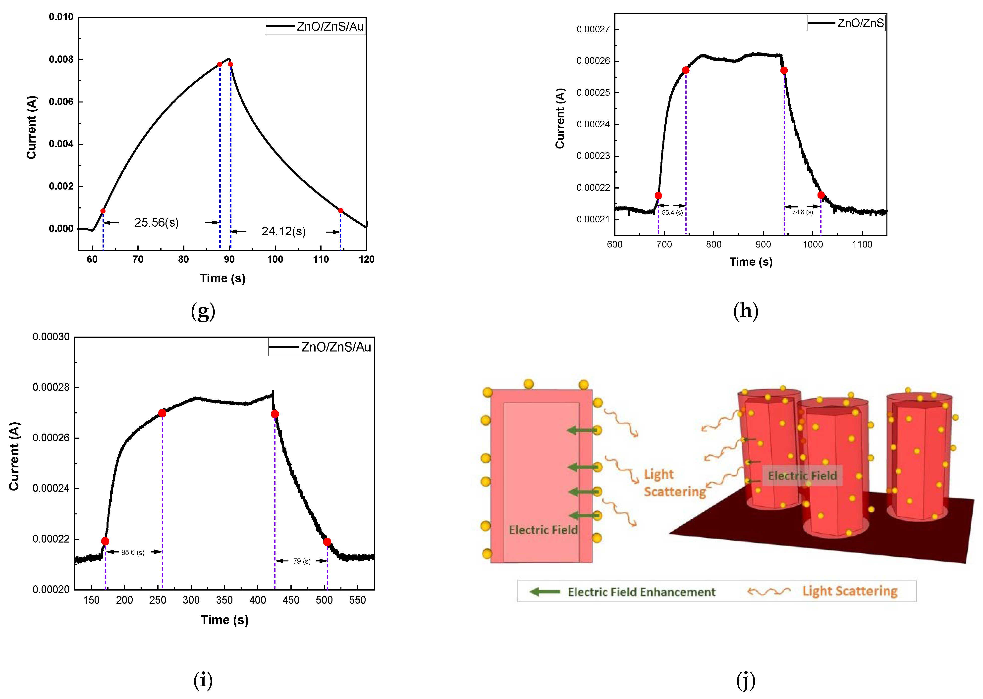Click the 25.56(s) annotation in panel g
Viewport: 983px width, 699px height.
(156, 223)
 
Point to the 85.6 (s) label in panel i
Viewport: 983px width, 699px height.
(133, 552)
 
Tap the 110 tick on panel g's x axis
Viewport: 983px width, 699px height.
(321, 259)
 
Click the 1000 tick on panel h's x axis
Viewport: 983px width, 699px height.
(813, 245)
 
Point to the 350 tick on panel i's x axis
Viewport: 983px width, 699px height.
(224, 600)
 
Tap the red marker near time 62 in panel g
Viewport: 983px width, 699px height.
(103, 211)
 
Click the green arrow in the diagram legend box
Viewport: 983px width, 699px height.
(545, 592)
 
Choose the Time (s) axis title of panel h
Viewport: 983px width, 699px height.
(751, 262)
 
